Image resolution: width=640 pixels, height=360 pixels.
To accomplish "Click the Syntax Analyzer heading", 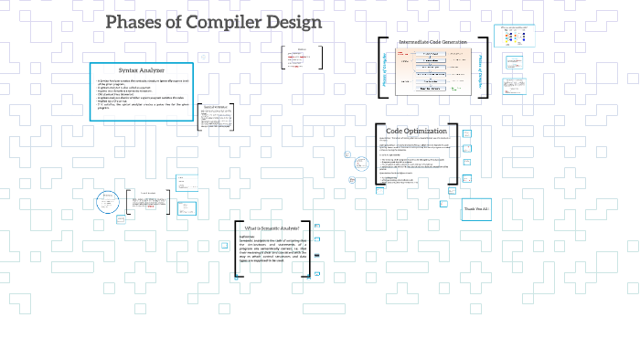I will click(141, 70).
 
